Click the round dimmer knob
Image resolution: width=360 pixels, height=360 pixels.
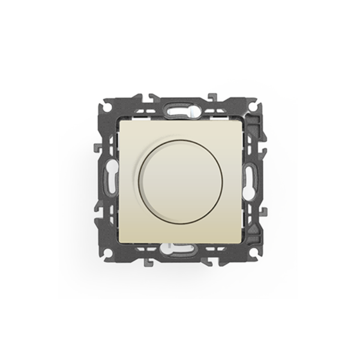tap(179, 180)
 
